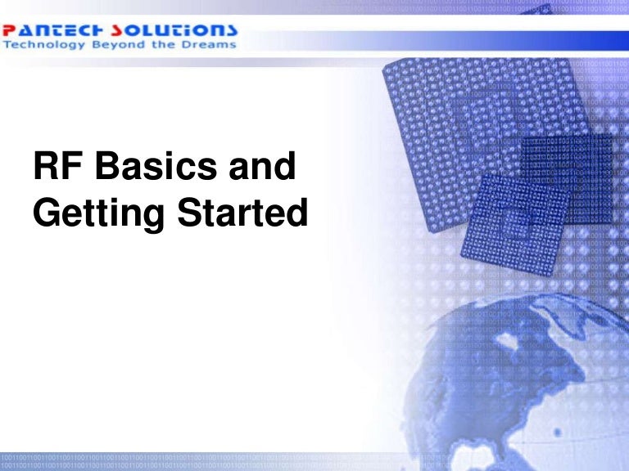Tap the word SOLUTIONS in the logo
click(x=183, y=29)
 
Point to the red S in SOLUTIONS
click(x=137, y=29)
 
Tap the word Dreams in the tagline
click(x=211, y=44)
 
